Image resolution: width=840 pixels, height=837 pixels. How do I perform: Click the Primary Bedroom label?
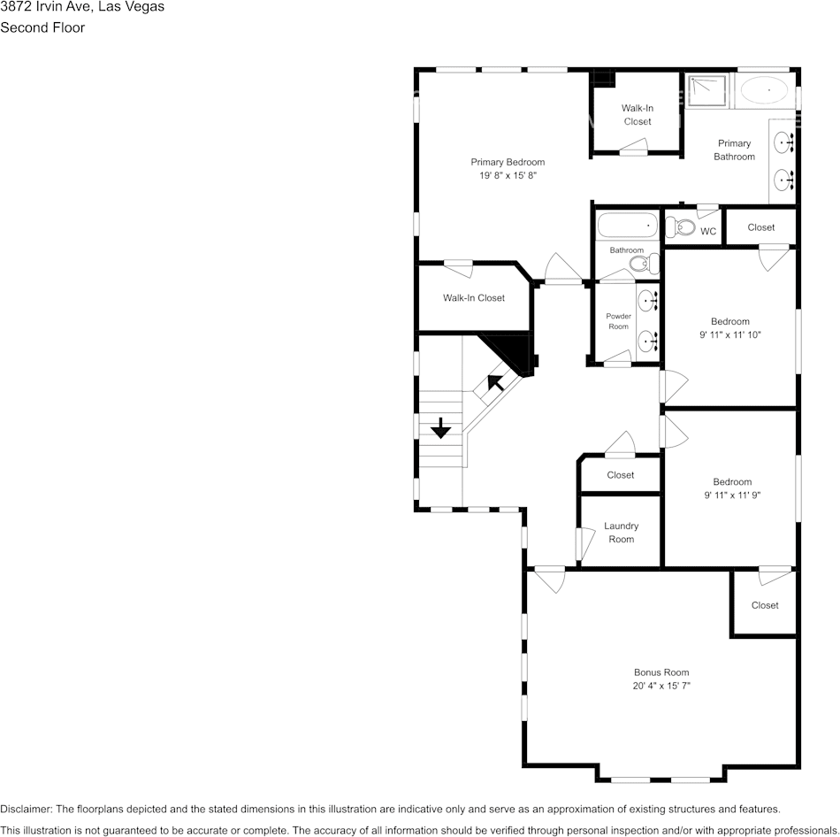[508, 162]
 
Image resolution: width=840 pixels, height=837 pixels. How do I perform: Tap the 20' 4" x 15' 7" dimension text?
[661, 686]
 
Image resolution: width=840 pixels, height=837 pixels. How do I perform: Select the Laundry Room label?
[621, 533]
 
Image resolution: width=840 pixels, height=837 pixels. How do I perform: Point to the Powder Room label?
[618, 321]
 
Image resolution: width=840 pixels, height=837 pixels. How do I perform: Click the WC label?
[708, 231]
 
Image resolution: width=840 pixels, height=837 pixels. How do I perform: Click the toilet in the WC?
[680, 227]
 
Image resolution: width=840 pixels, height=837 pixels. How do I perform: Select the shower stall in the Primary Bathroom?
[707, 90]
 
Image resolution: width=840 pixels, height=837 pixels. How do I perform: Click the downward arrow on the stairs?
[440, 429]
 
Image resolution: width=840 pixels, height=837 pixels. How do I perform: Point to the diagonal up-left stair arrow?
[495, 382]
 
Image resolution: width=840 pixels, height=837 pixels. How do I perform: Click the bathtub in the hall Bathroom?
[627, 226]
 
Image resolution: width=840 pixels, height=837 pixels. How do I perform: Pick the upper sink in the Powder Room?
[648, 302]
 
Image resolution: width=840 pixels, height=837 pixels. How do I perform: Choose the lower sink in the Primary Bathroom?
[783, 180]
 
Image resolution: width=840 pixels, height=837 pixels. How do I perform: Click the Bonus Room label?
[661, 672]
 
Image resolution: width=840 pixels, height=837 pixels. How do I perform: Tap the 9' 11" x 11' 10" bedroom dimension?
[730, 334]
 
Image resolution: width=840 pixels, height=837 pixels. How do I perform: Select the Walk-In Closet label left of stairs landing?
[474, 298]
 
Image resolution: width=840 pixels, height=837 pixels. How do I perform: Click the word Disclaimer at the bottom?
[25, 809]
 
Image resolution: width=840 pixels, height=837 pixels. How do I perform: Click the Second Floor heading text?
[42, 27]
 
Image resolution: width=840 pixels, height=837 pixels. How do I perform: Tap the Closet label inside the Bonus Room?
[765, 605]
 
